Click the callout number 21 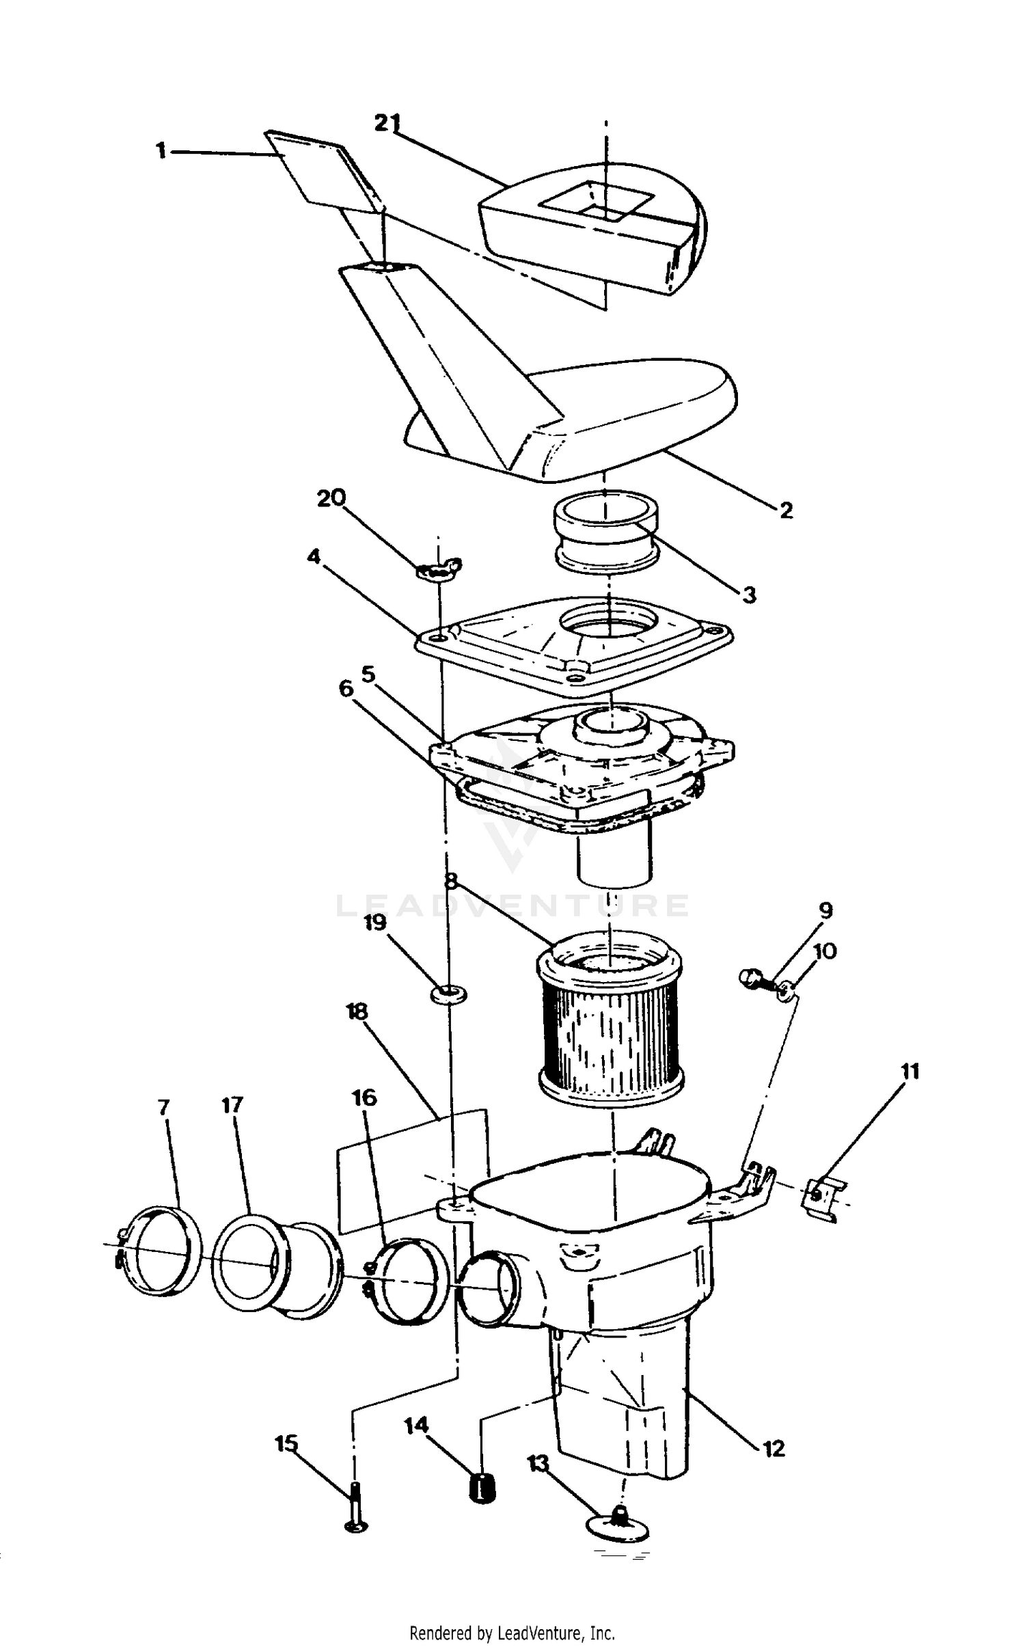point(387,122)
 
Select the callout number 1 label point(161,150)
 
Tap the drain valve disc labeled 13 point(618,1523)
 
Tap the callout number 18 point(357,1011)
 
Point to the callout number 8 point(450,880)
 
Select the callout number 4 point(314,556)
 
